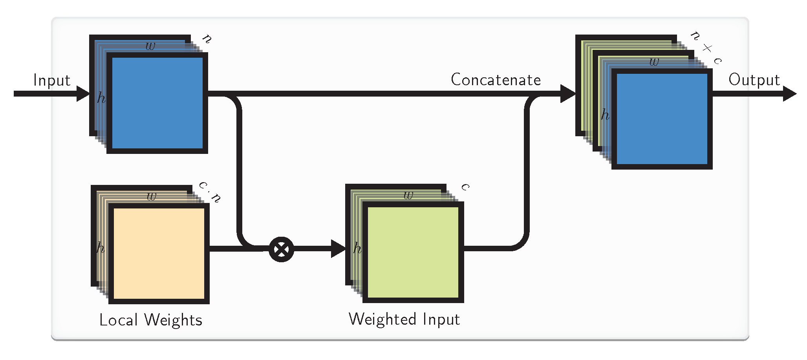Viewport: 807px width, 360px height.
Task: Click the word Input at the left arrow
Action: pos(52,80)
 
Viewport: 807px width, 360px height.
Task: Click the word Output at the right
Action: pos(754,80)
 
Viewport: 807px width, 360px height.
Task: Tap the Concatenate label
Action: pos(496,80)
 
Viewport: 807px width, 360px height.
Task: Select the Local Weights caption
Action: pos(151,320)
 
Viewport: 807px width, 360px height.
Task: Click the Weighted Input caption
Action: pos(404,319)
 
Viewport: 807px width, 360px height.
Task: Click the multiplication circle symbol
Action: pos(281,249)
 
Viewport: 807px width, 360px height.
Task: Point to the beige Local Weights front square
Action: pos(159,253)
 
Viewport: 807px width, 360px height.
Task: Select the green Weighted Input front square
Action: pos(413,252)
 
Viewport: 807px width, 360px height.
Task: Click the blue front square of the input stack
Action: pos(157,103)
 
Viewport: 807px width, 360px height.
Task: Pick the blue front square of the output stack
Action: pos(662,119)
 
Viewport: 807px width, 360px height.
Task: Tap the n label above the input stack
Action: pos(207,38)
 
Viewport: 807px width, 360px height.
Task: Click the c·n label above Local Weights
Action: pos(210,191)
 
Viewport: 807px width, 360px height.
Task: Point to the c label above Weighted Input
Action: pos(466,186)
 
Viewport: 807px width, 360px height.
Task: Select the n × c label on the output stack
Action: pos(706,48)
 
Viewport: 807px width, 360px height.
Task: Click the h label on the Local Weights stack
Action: pos(101,247)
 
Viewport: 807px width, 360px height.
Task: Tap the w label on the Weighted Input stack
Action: pos(408,195)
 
